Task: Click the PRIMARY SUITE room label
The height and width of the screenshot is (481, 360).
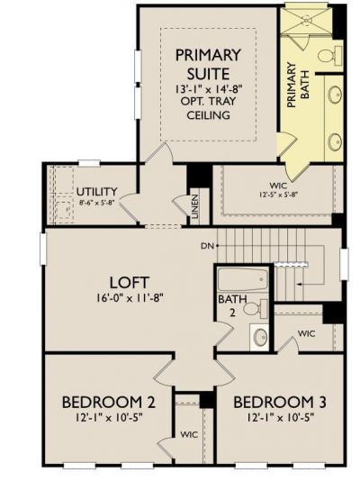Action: pos(208,65)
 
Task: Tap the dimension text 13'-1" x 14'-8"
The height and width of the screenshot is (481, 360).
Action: pos(209,89)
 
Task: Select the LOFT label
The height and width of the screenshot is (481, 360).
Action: pos(130,283)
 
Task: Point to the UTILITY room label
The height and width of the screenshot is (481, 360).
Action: pos(97,192)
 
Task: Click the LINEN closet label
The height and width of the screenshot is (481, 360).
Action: pos(195,206)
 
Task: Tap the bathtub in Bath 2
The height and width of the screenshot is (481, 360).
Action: pos(243,280)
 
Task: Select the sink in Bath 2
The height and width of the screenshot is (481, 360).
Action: pos(259,337)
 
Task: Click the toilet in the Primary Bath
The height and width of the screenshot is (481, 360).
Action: pos(329,56)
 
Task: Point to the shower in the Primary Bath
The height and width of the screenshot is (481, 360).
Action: pos(306,20)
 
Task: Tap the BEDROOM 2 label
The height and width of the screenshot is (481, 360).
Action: pos(109,402)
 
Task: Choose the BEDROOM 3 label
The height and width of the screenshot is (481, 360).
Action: pos(280,402)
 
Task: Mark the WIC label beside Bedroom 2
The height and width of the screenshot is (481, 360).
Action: pos(189,434)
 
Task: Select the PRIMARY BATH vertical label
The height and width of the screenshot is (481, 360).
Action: pos(297,85)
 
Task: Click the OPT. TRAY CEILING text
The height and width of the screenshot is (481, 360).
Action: pos(209,108)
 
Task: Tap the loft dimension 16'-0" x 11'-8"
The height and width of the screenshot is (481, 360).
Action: pos(130,298)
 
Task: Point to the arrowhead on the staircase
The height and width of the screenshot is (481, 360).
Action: pos(299,285)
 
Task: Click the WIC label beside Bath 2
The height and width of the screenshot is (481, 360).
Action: pos(306,333)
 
